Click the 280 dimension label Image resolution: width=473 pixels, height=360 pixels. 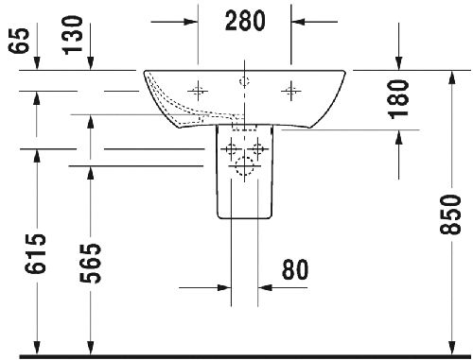[x=245, y=21]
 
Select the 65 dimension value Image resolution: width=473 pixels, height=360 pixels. [x=19, y=41]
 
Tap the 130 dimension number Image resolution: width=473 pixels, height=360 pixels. [x=73, y=35]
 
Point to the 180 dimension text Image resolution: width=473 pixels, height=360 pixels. [x=398, y=99]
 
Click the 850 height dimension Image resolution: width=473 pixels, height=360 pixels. [x=450, y=214]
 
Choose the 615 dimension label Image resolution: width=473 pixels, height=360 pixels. [x=35, y=253]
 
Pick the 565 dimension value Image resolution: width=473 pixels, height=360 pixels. [x=90, y=264]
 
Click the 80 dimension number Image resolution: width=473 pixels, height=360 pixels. [x=295, y=270]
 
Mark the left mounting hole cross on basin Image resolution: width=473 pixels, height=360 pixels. [x=198, y=91]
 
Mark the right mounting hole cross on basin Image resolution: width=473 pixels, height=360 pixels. [x=290, y=91]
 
